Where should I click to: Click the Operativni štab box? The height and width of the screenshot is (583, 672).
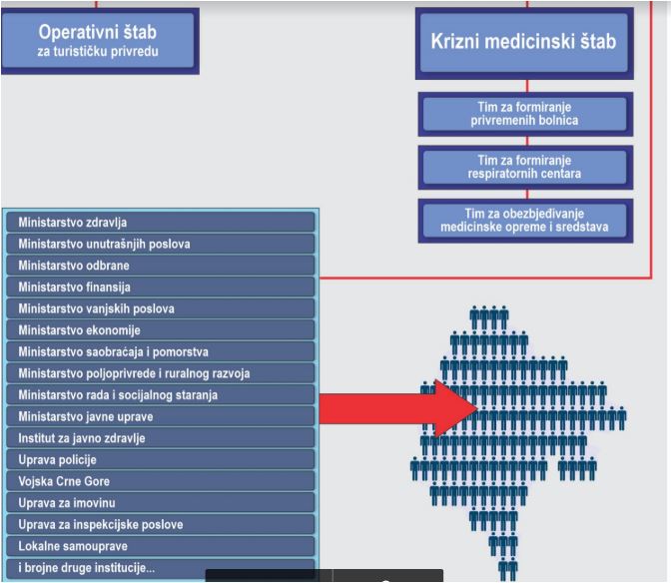point(100,41)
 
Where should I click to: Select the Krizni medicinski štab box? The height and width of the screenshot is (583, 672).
point(524,43)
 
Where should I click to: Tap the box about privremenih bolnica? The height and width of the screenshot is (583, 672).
point(525,114)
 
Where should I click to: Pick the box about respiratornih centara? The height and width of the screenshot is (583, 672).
point(525,167)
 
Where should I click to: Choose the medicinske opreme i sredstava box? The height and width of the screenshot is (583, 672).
point(525,221)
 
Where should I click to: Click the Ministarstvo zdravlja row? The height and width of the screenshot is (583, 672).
point(161,223)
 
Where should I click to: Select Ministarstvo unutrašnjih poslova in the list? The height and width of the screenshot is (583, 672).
point(161,244)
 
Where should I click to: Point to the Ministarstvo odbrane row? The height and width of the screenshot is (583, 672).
point(161,266)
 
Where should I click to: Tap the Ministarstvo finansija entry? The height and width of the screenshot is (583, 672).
point(161,287)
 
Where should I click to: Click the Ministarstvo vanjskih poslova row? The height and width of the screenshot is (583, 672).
point(161,308)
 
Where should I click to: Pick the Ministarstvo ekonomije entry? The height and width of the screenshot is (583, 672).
point(161,330)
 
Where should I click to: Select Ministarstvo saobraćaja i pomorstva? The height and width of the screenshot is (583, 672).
point(161,351)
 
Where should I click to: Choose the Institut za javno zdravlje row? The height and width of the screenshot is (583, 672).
point(161,438)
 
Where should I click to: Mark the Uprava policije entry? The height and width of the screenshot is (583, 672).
point(161,459)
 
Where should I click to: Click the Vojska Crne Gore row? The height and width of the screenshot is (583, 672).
point(161,481)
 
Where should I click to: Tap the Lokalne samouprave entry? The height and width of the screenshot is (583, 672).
point(161,546)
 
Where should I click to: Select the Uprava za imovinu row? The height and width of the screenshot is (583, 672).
point(161,503)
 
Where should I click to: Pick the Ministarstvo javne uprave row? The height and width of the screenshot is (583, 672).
point(161,416)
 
